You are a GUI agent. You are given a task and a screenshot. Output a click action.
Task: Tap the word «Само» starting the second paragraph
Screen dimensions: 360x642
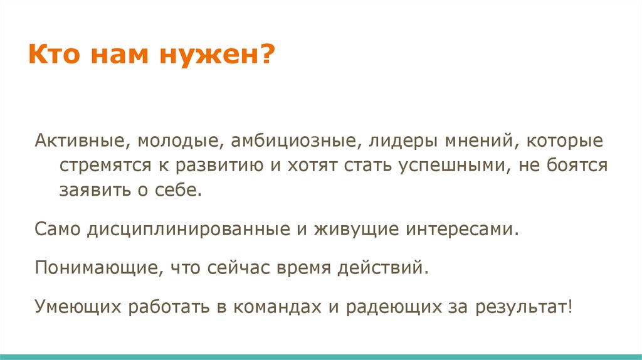pyautogui.click(x=56, y=229)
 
